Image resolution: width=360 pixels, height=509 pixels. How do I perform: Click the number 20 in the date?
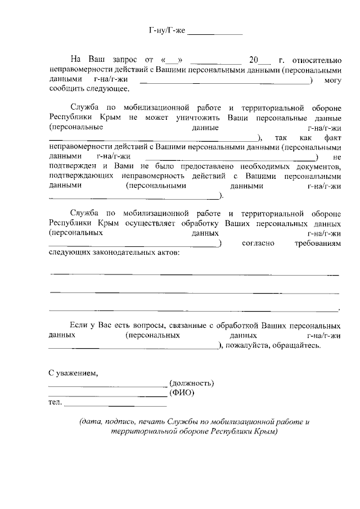click(x=254, y=59)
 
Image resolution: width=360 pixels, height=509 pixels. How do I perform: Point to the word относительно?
click(x=317, y=59)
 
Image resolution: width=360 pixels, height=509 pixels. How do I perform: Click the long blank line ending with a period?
click(x=194, y=310)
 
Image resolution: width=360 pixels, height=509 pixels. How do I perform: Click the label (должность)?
click(x=191, y=384)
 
